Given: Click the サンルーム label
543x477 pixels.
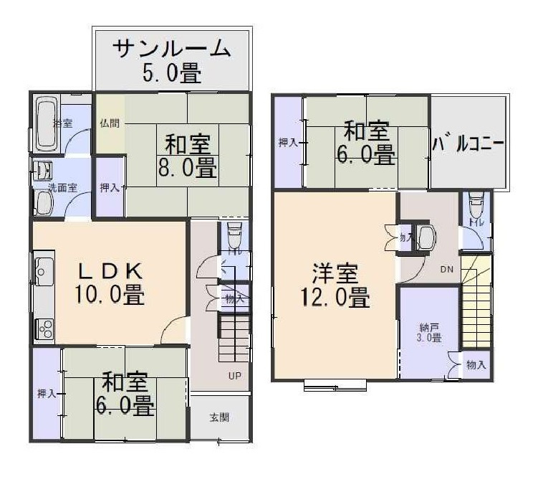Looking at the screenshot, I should [x=172, y=49].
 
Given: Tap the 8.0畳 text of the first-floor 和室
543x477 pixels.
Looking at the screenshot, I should [x=188, y=169].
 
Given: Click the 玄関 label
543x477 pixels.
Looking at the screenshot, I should [x=219, y=417].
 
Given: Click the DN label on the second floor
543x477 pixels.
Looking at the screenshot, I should [x=446, y=270].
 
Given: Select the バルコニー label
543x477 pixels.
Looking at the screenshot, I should [x=468, y=143].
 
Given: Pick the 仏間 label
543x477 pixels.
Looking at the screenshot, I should [x=109, y=122].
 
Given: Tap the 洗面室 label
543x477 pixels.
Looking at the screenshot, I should [x=62, y=187].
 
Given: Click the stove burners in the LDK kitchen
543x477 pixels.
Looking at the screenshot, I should [x=44, y=329].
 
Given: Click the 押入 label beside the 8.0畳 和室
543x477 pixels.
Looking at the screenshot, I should [x=109, y=188].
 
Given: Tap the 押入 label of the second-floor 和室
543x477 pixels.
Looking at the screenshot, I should [x=288, y=143].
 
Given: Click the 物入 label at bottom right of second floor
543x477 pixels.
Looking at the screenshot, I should [x=476, y=365].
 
